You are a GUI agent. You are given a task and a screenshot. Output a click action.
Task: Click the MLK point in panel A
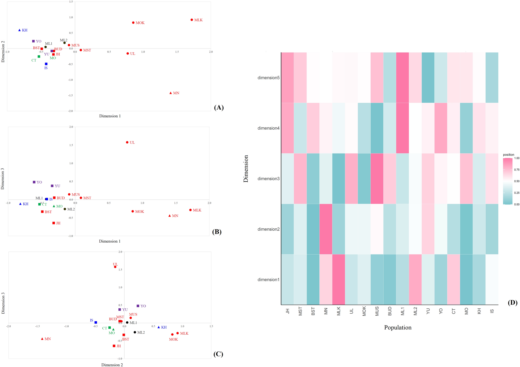tap(192, 20)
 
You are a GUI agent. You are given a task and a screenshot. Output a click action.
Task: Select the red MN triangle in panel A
tap(170, 93)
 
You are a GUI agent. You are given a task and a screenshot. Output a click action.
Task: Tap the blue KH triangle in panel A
tap(19, 30)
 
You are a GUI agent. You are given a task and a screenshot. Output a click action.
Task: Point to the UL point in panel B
tap(127, 142)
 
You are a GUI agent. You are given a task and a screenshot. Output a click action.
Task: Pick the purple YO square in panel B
tap(34, 182)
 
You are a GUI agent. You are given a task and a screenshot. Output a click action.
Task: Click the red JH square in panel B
tap(54, 223)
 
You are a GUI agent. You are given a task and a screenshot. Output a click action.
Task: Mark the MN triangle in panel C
tap(42, 339)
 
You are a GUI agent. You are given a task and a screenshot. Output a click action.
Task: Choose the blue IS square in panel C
tap(96, 322)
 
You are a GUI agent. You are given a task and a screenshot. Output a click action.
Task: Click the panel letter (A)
tap(219, 108)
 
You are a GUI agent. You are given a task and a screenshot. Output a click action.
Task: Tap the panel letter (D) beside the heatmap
tap(512, 302)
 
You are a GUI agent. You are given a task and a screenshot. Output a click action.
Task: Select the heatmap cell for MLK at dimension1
tap(338, 279)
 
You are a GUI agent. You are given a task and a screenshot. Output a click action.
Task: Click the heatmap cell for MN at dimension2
tap(326, 229)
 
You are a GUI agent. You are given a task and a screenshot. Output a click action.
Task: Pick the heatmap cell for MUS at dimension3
tap(377, 179)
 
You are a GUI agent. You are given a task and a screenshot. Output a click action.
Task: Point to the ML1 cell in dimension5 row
tap(402, 77)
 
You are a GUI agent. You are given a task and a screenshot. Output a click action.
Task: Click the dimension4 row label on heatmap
tap(268, 128)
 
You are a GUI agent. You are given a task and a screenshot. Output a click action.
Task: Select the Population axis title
tap(397, 328)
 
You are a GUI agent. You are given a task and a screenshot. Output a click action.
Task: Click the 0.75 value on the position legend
tap(516, 170)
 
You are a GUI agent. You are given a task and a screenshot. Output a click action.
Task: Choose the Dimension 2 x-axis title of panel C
tap(112, 365)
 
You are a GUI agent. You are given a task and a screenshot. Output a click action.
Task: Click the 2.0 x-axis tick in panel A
tap(211, 52)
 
